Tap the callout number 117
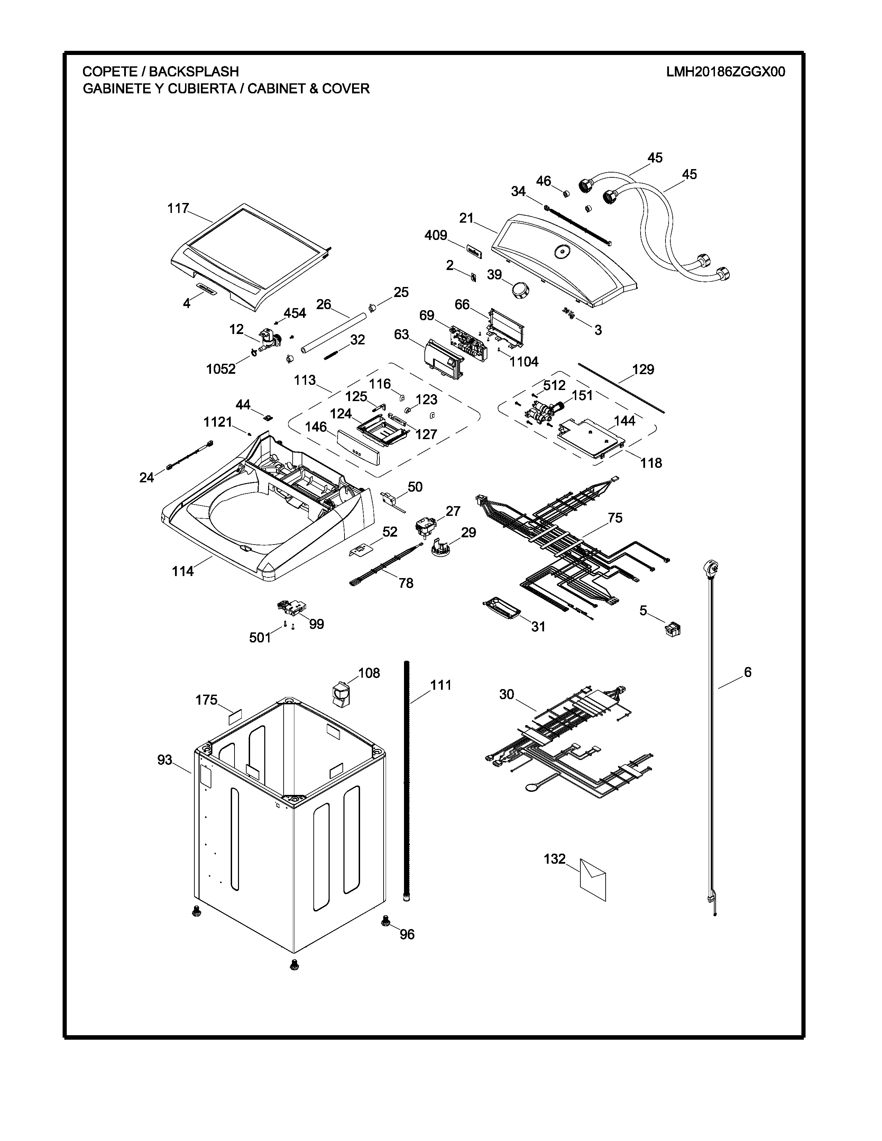coord(178,208)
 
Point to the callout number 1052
coord(221,369)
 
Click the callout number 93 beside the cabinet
coord(165,760)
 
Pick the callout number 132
coord(554,859)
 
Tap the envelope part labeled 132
coord(593,880)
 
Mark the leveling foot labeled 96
coord(386,920)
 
